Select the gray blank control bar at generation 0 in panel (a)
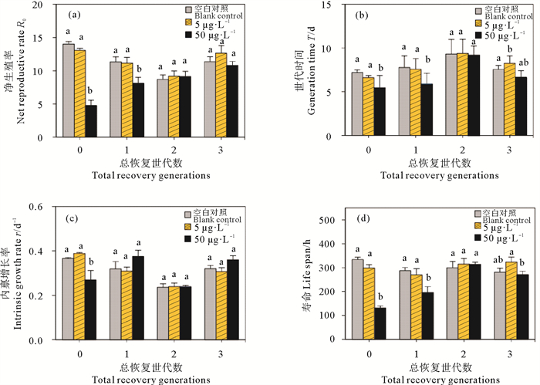click(68, 90)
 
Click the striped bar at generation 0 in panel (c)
click(79, 296)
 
